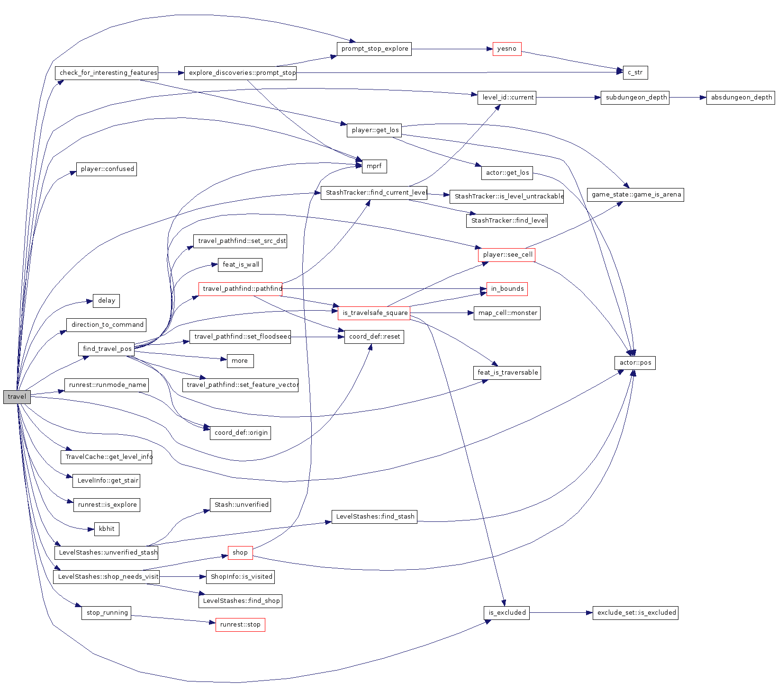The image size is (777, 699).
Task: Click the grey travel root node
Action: tap(17, 397)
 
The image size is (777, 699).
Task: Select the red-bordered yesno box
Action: tap(506, 49)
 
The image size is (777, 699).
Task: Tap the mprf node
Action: tap(374, 166)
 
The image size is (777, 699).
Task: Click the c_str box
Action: tap(635, 72)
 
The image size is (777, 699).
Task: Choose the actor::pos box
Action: tap(635, 363)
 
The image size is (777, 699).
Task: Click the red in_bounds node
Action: tap(507, 289)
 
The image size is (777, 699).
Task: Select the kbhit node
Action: tap(107, 529)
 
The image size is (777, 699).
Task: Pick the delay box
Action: tap(107, 301)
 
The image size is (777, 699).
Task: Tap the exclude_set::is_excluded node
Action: tap(636, 613)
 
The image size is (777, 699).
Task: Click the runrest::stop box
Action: tap(240, 625)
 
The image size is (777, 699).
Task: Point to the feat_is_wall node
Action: tap(241, 265)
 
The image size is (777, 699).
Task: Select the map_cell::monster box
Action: tap(507, 313)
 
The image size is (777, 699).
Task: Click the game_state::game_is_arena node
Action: tap(636, 195)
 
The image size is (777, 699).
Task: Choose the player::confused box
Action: tap(107, 169)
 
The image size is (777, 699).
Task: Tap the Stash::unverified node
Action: tap(241, 505)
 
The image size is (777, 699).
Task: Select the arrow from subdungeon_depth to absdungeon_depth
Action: tap(687, 98)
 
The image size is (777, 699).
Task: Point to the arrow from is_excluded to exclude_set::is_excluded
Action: tap(561, 613)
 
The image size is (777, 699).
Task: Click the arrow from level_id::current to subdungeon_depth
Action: tap(569, 98)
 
